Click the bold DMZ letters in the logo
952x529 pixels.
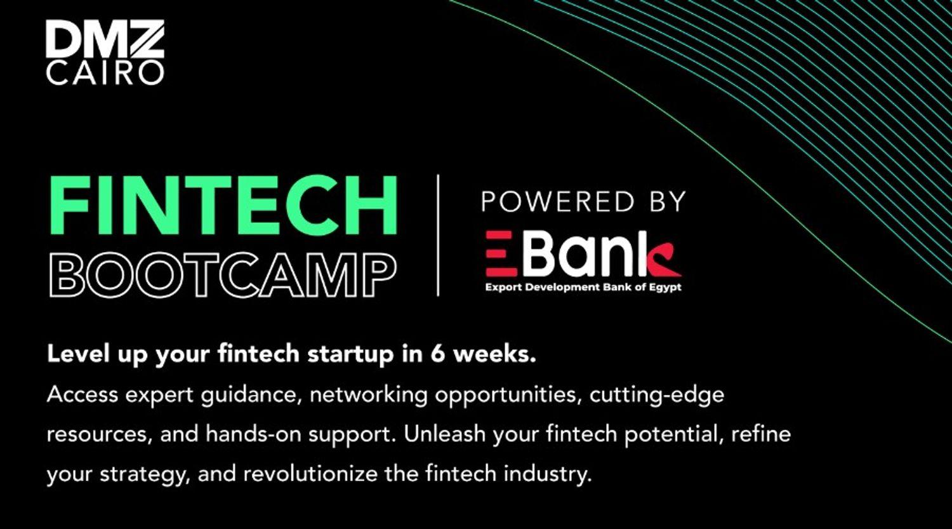point(105,39)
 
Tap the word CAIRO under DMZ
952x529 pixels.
point(105,73)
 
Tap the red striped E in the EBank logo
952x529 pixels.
point(501,254)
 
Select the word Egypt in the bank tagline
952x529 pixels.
point(664,288)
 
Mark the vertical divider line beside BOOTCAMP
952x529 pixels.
point(438,235)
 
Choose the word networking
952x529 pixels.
point(369,396)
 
